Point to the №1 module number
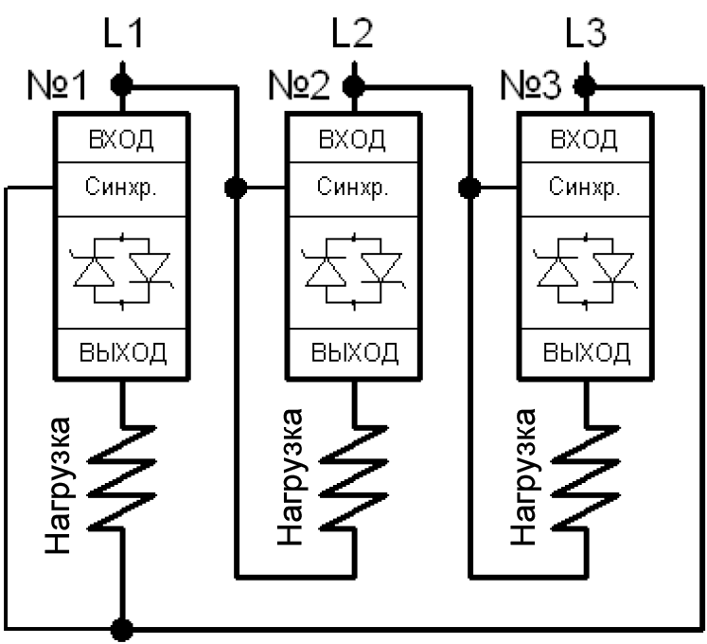tap(57, 85)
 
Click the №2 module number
tap(299, 85)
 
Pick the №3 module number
tap(531, 85)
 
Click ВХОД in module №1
tap(121, 139)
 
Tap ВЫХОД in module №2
tap(354, 352)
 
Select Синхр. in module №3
tap(584, 186)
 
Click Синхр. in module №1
tap(121, 186)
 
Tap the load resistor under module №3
tap(586, 477)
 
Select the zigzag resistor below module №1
tap(121, 477)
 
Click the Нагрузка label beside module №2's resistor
tap(290, 476)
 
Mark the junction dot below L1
tap(122, 85)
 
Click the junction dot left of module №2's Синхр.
tap(236, 188)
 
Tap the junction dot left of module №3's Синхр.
tap(468, 188)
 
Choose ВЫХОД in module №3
tap(586, 352)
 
